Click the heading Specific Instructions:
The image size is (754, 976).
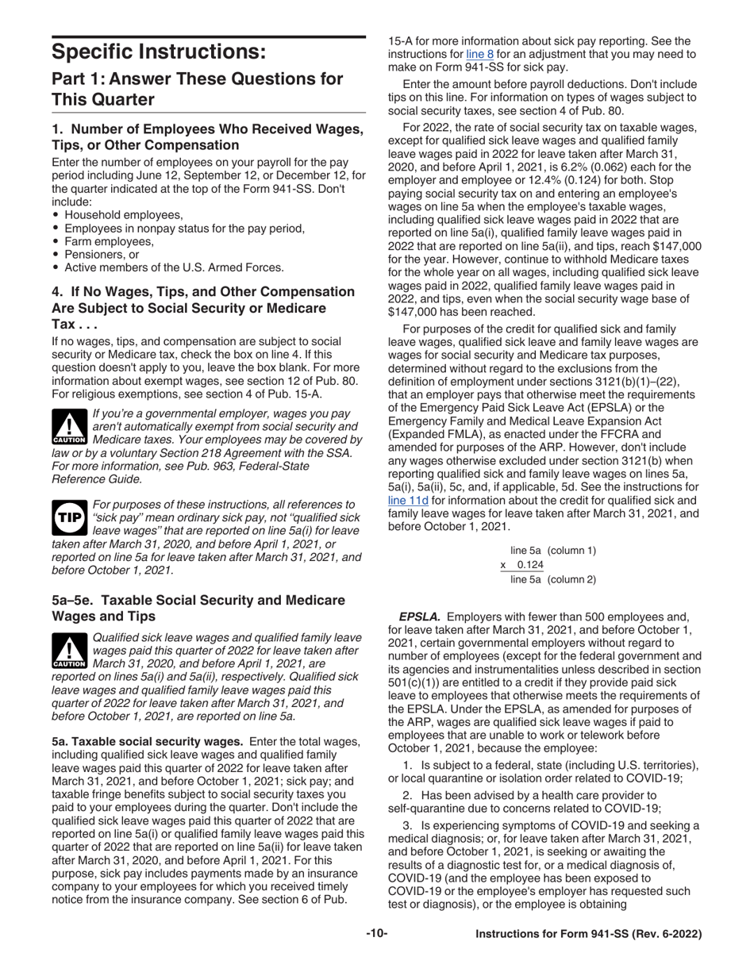pos(159,52)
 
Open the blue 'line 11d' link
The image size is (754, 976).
pos(407,500)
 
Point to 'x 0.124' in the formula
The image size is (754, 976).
pos(522,565)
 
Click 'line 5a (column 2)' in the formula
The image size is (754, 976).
pos(552,579)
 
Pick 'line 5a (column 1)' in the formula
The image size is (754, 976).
pos(552,551)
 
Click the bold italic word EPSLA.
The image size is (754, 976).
pos(419,617)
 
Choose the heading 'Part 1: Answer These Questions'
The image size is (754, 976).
pos(197,89)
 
